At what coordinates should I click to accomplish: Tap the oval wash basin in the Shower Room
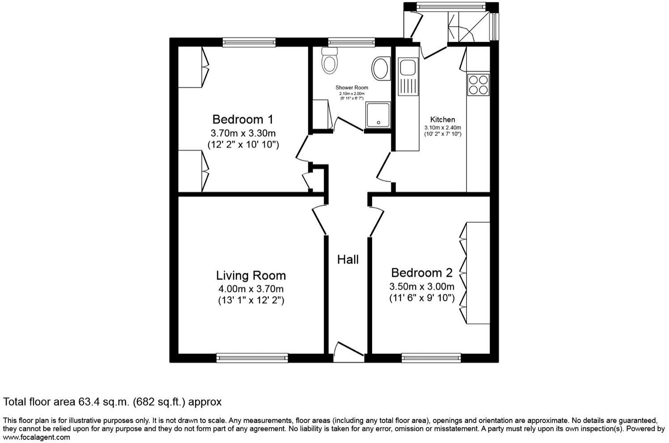[x=381, y=68]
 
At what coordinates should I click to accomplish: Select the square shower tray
[x=378, y=115]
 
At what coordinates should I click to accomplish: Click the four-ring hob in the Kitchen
[x=478, y=84]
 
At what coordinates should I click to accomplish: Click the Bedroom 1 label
[x=242, y=120]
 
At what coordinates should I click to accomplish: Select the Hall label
[x=347, y=259]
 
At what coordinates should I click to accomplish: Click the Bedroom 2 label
[x=421, y=273]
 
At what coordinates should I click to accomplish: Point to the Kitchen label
[x=442, y=120]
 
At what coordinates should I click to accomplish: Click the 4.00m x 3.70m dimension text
[x=250, y=289]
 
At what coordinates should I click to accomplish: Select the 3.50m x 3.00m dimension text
[x=421, y=286]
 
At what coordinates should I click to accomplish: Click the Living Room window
[x=252, y=357]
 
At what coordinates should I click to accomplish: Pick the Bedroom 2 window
[x=431, y=357]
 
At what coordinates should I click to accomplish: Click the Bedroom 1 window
[x=249, y=42]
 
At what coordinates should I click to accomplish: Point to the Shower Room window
[x=351, y=42]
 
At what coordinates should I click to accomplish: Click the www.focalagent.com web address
[x=37, y=437]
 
